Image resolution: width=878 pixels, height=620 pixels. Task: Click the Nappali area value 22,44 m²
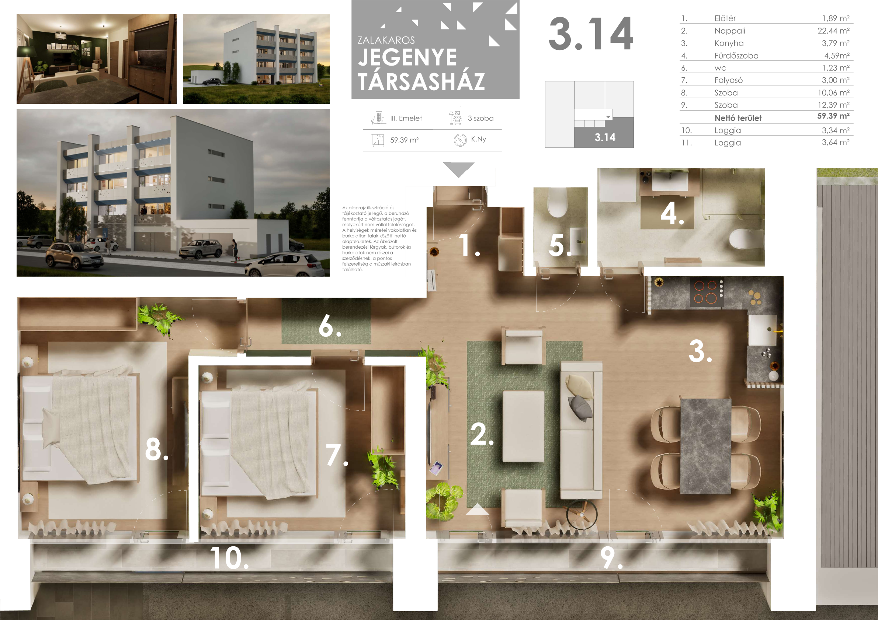coord(833,31)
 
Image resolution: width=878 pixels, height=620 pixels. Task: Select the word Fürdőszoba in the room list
coord(736,56)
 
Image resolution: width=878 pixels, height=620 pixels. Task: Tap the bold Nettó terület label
coord(738,118)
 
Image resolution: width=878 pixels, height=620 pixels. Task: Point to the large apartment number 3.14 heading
coord(591,34)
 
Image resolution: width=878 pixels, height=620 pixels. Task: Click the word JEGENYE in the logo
coord(407,57)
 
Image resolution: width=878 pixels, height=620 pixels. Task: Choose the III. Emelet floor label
coord(406,118)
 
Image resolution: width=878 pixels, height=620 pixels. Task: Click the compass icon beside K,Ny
coord(460,140)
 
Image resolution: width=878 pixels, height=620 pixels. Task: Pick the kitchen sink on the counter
coord(762,330)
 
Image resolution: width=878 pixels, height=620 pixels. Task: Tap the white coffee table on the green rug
coord(523,426)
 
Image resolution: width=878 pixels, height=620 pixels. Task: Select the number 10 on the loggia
coord(229,558)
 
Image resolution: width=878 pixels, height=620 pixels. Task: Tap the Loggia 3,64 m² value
coord(836,143)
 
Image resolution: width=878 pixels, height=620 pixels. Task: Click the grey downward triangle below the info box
coord(458,168)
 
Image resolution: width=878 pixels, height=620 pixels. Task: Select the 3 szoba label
coord(481,118)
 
